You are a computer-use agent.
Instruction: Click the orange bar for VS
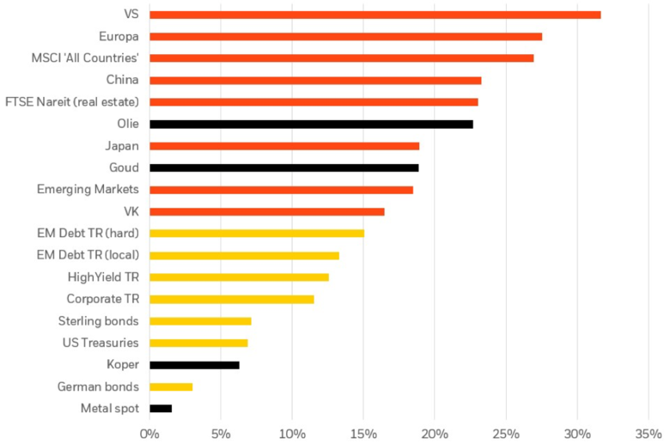[x=375, y=15]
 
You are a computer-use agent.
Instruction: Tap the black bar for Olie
[x=311, y=124]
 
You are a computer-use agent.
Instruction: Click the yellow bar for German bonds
[x=171, y=386]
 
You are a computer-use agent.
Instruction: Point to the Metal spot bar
[x=161, y=408]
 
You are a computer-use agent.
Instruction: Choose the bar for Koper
[x=194, y=365]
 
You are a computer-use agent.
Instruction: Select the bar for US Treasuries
[x=198, y=343]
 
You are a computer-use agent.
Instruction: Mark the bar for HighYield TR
[x=239, y=277]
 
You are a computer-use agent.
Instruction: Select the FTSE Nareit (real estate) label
[x=84, y=102]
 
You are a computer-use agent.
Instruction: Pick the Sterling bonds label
[x=100, y=321]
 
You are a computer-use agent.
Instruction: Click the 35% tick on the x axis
[x=649, y=431]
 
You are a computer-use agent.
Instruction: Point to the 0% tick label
[x=149, y=431]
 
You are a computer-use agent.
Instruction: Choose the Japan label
[x=123, y=146]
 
